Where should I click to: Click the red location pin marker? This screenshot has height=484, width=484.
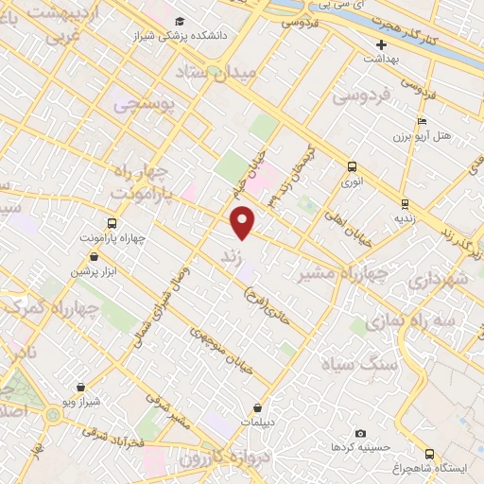[244, 221]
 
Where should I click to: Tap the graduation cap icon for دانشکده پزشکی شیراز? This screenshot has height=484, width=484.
[180, 21]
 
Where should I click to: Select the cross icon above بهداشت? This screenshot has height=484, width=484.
[382, 44]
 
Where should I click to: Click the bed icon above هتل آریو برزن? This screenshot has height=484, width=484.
[422, 121]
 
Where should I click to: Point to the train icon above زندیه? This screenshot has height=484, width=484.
[405, 203]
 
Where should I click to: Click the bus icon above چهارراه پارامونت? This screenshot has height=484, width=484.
[112, 224]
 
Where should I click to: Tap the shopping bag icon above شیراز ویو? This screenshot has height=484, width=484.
[81, 387]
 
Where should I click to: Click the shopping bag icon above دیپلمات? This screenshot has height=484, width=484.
[257, 408]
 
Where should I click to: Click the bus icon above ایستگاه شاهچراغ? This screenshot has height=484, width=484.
[430, 455]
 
